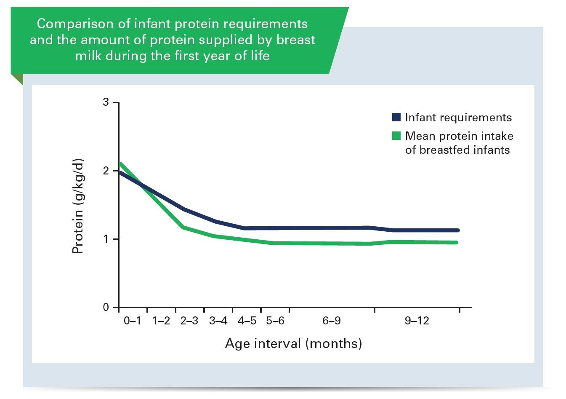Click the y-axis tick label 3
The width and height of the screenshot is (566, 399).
(x=106, y=102)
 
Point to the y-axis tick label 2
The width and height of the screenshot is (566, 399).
(x=106, y=171)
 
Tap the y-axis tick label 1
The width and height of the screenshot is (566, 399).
(x=106, y=239)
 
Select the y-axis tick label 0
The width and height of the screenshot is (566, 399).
(x=106, y=307)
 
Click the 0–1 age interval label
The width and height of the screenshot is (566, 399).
(x=133, y=321)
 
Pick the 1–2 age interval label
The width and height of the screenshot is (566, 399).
(x=161, y=321)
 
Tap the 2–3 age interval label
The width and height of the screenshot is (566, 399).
(x=189, y=321)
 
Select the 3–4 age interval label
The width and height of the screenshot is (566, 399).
(x=218, y=321)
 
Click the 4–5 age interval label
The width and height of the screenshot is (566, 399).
(x=247, y=321)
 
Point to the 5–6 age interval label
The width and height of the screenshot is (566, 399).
(x=275, y=321)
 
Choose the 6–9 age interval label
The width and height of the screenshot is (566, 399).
(x=332, y=321)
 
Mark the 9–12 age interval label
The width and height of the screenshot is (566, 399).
(x=417, y=321)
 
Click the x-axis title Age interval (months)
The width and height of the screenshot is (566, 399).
(x=293, y=343)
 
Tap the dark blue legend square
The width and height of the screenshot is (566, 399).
(x=396, y=117)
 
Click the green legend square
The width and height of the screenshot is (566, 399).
(x=396, y=136)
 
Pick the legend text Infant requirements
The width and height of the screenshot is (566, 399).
(x=458, y=118)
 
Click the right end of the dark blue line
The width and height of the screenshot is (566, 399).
(x=457, y=230)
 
